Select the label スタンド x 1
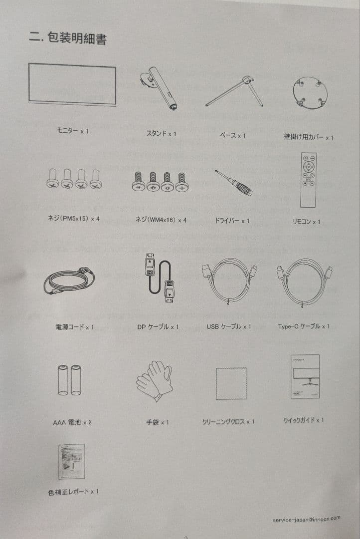(161, 134)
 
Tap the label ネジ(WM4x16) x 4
(161, 220)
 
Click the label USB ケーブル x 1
(228, 327)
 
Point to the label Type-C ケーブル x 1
(304, 326)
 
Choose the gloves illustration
(155, 380)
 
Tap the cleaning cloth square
(231, 383)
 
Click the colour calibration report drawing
(71, 462)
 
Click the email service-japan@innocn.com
(307, 519)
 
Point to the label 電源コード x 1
(74, 327)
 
